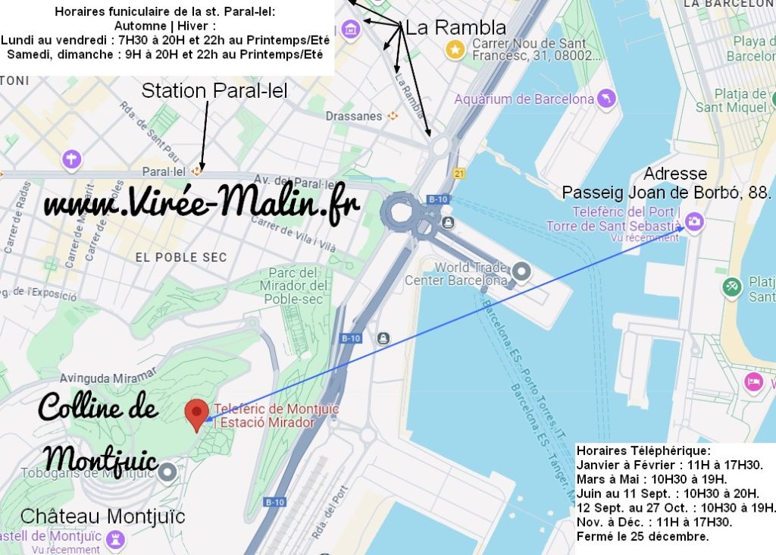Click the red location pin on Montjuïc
click(x=197, y=413)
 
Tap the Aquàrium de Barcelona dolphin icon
click(x=606, y=99)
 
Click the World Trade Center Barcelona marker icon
click(x=521, y=271)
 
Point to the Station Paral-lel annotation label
click(x=214, y=91)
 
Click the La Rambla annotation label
click(x=455, y=29)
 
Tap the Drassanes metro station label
click(x=354, y=116)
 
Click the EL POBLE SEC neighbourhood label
click(x=181, y=257)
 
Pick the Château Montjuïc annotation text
click(x=102, y=516)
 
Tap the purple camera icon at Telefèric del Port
click(x=695, y=221)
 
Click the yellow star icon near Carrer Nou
click(x=455, y=50)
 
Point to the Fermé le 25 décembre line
click(x=643, y=536)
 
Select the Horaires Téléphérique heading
click(x=643, y=450)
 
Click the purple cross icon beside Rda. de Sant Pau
click(x=72, y=159)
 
